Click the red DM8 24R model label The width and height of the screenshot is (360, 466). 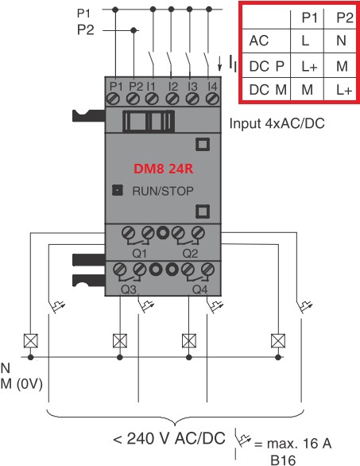pos(164,169)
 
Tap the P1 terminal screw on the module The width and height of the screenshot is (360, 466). pos(114,99)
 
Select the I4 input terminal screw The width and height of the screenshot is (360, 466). pos(212,99)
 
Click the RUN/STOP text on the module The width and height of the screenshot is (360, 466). pos(163,191)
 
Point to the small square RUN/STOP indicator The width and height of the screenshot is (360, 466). pos(118,190)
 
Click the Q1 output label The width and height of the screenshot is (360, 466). pos(139,254)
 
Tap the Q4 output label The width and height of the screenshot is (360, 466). pos(200,289)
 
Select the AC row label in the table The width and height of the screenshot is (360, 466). pos(259,41)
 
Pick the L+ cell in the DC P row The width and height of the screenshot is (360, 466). pos(309,66)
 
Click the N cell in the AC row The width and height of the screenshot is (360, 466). pos(341,41)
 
